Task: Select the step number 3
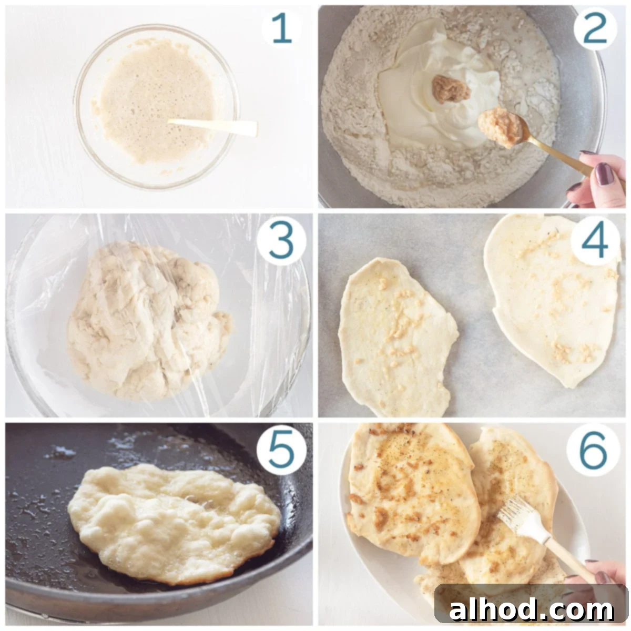[281, 241]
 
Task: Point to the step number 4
[594, 241]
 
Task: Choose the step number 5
[281, 449]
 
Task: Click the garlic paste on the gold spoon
[500, 126]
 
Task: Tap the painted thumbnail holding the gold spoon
[604, 174]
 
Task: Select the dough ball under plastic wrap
[149, 321]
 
